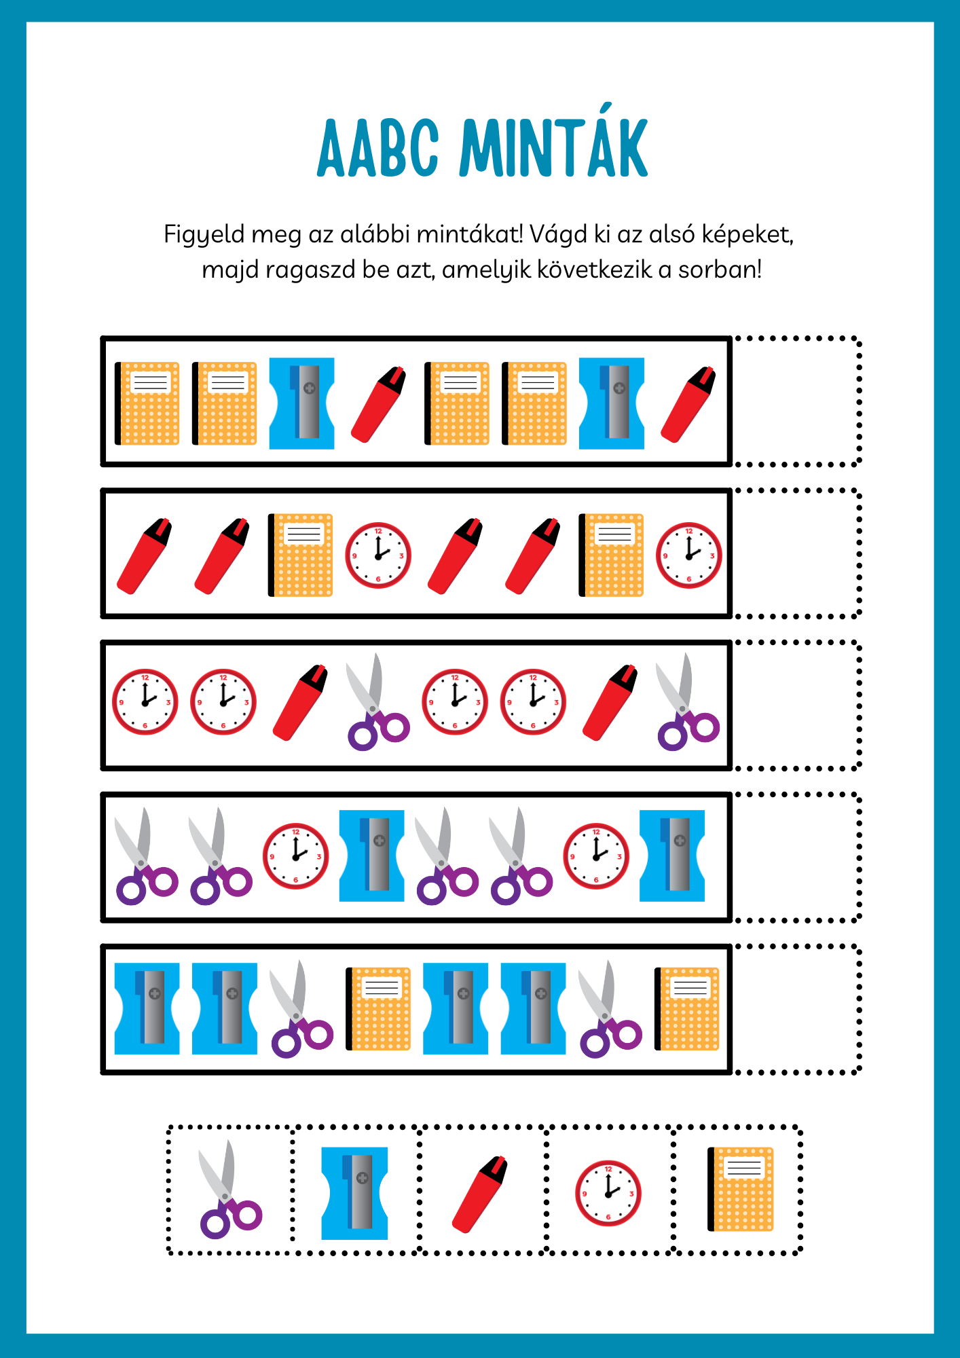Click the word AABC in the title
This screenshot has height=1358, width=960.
(x=378, y=148)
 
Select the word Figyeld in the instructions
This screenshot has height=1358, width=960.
(x=204, y=235)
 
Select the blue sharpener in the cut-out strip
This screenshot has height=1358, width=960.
(x=354, y=1193)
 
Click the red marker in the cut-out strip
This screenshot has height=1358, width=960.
(x=480, y=1194)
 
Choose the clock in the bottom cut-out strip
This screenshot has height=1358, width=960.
(x=608, y=1193)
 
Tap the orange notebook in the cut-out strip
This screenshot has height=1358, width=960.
(x=741, y=1189)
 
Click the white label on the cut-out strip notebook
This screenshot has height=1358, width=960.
(x=744, y=1168)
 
